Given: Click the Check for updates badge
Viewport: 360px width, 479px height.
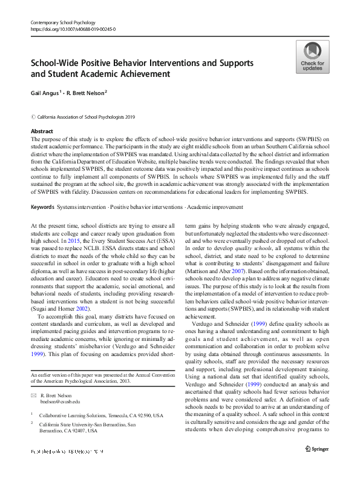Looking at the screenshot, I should coord(312,57).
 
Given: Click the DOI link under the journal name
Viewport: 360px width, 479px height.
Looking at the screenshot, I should coord(73,29).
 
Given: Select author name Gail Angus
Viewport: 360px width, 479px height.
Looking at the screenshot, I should coord(44,93).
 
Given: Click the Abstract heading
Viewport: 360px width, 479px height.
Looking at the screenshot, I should coord(42,131).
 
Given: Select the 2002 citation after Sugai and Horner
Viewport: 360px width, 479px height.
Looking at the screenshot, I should coord(90,308).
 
